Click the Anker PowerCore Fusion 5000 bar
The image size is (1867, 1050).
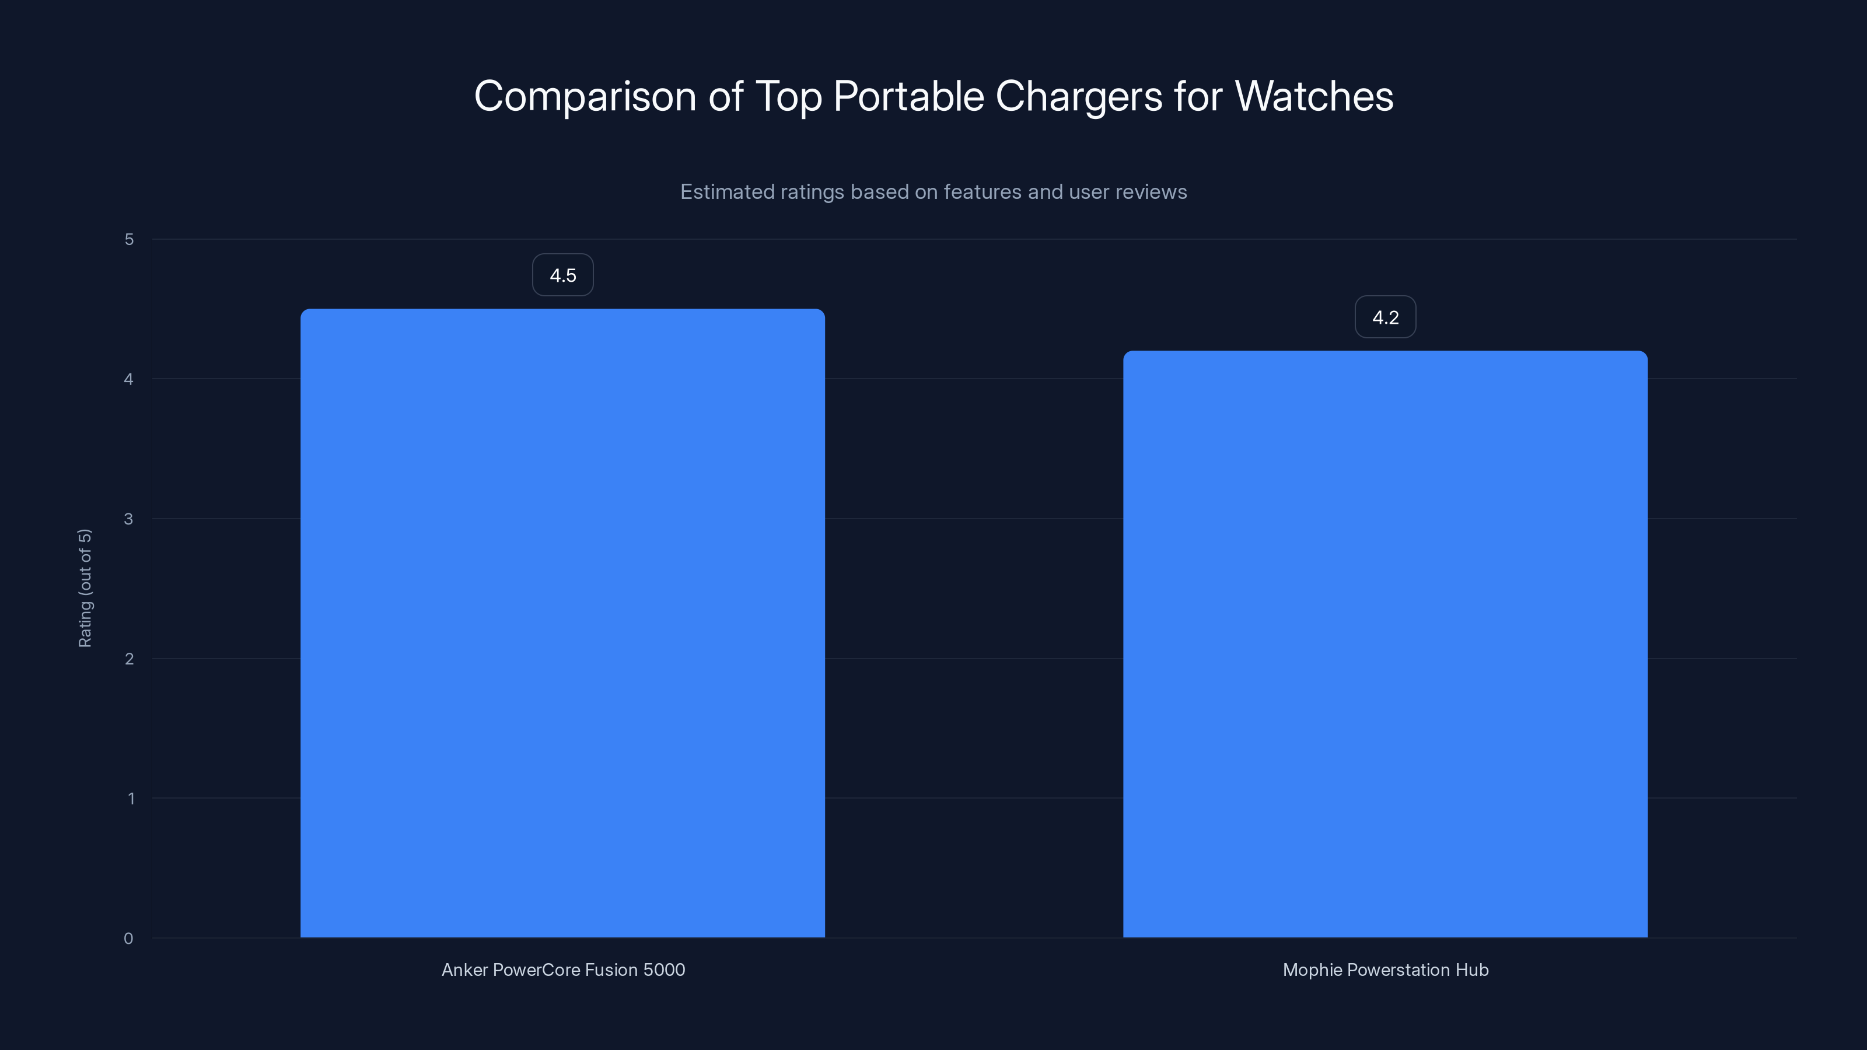point(562,623)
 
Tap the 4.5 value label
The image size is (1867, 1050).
point(562,275)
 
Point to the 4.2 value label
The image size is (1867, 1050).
point(1385,317)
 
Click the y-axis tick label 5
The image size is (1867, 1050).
point(129,240)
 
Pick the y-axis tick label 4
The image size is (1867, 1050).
point(129,380)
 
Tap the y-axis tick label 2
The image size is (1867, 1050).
point(129,659)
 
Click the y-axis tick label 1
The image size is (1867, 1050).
point(131,799)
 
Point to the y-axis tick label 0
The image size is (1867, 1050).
point(128,939)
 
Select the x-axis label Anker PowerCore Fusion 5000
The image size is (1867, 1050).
point(563,970)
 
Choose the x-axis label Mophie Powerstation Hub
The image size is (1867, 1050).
point(1385,970)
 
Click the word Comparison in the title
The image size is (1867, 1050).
point(585,97)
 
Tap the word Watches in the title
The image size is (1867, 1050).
point(1313,97)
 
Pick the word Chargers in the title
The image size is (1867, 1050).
point(1078,97)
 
